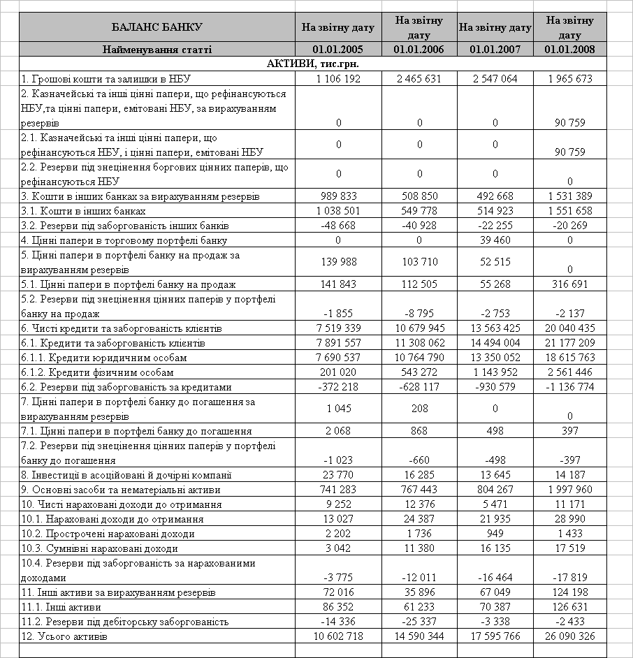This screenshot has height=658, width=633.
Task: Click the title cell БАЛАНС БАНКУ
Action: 157,27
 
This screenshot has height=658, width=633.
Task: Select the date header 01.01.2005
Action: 338,49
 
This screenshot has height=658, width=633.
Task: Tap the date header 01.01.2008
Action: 570,49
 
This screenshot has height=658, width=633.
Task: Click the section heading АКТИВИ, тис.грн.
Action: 313,64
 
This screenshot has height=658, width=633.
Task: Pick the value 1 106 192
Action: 338,79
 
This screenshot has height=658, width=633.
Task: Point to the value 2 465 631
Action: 419,79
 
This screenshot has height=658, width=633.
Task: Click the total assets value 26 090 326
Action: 570,636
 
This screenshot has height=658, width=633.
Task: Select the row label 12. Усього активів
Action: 64,636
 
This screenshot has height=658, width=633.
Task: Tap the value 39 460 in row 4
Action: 495,240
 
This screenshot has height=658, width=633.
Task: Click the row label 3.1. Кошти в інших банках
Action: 83,211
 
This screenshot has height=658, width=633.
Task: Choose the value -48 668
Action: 338,226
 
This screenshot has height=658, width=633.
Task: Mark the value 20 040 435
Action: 570,328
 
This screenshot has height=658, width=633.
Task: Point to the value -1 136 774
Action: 570,387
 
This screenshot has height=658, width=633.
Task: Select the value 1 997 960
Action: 570,490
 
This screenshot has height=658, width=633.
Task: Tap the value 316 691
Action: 570,284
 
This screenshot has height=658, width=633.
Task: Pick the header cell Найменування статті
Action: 157,49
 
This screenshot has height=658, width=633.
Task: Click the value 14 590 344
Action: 419,636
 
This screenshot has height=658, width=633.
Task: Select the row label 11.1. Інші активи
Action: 61,607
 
